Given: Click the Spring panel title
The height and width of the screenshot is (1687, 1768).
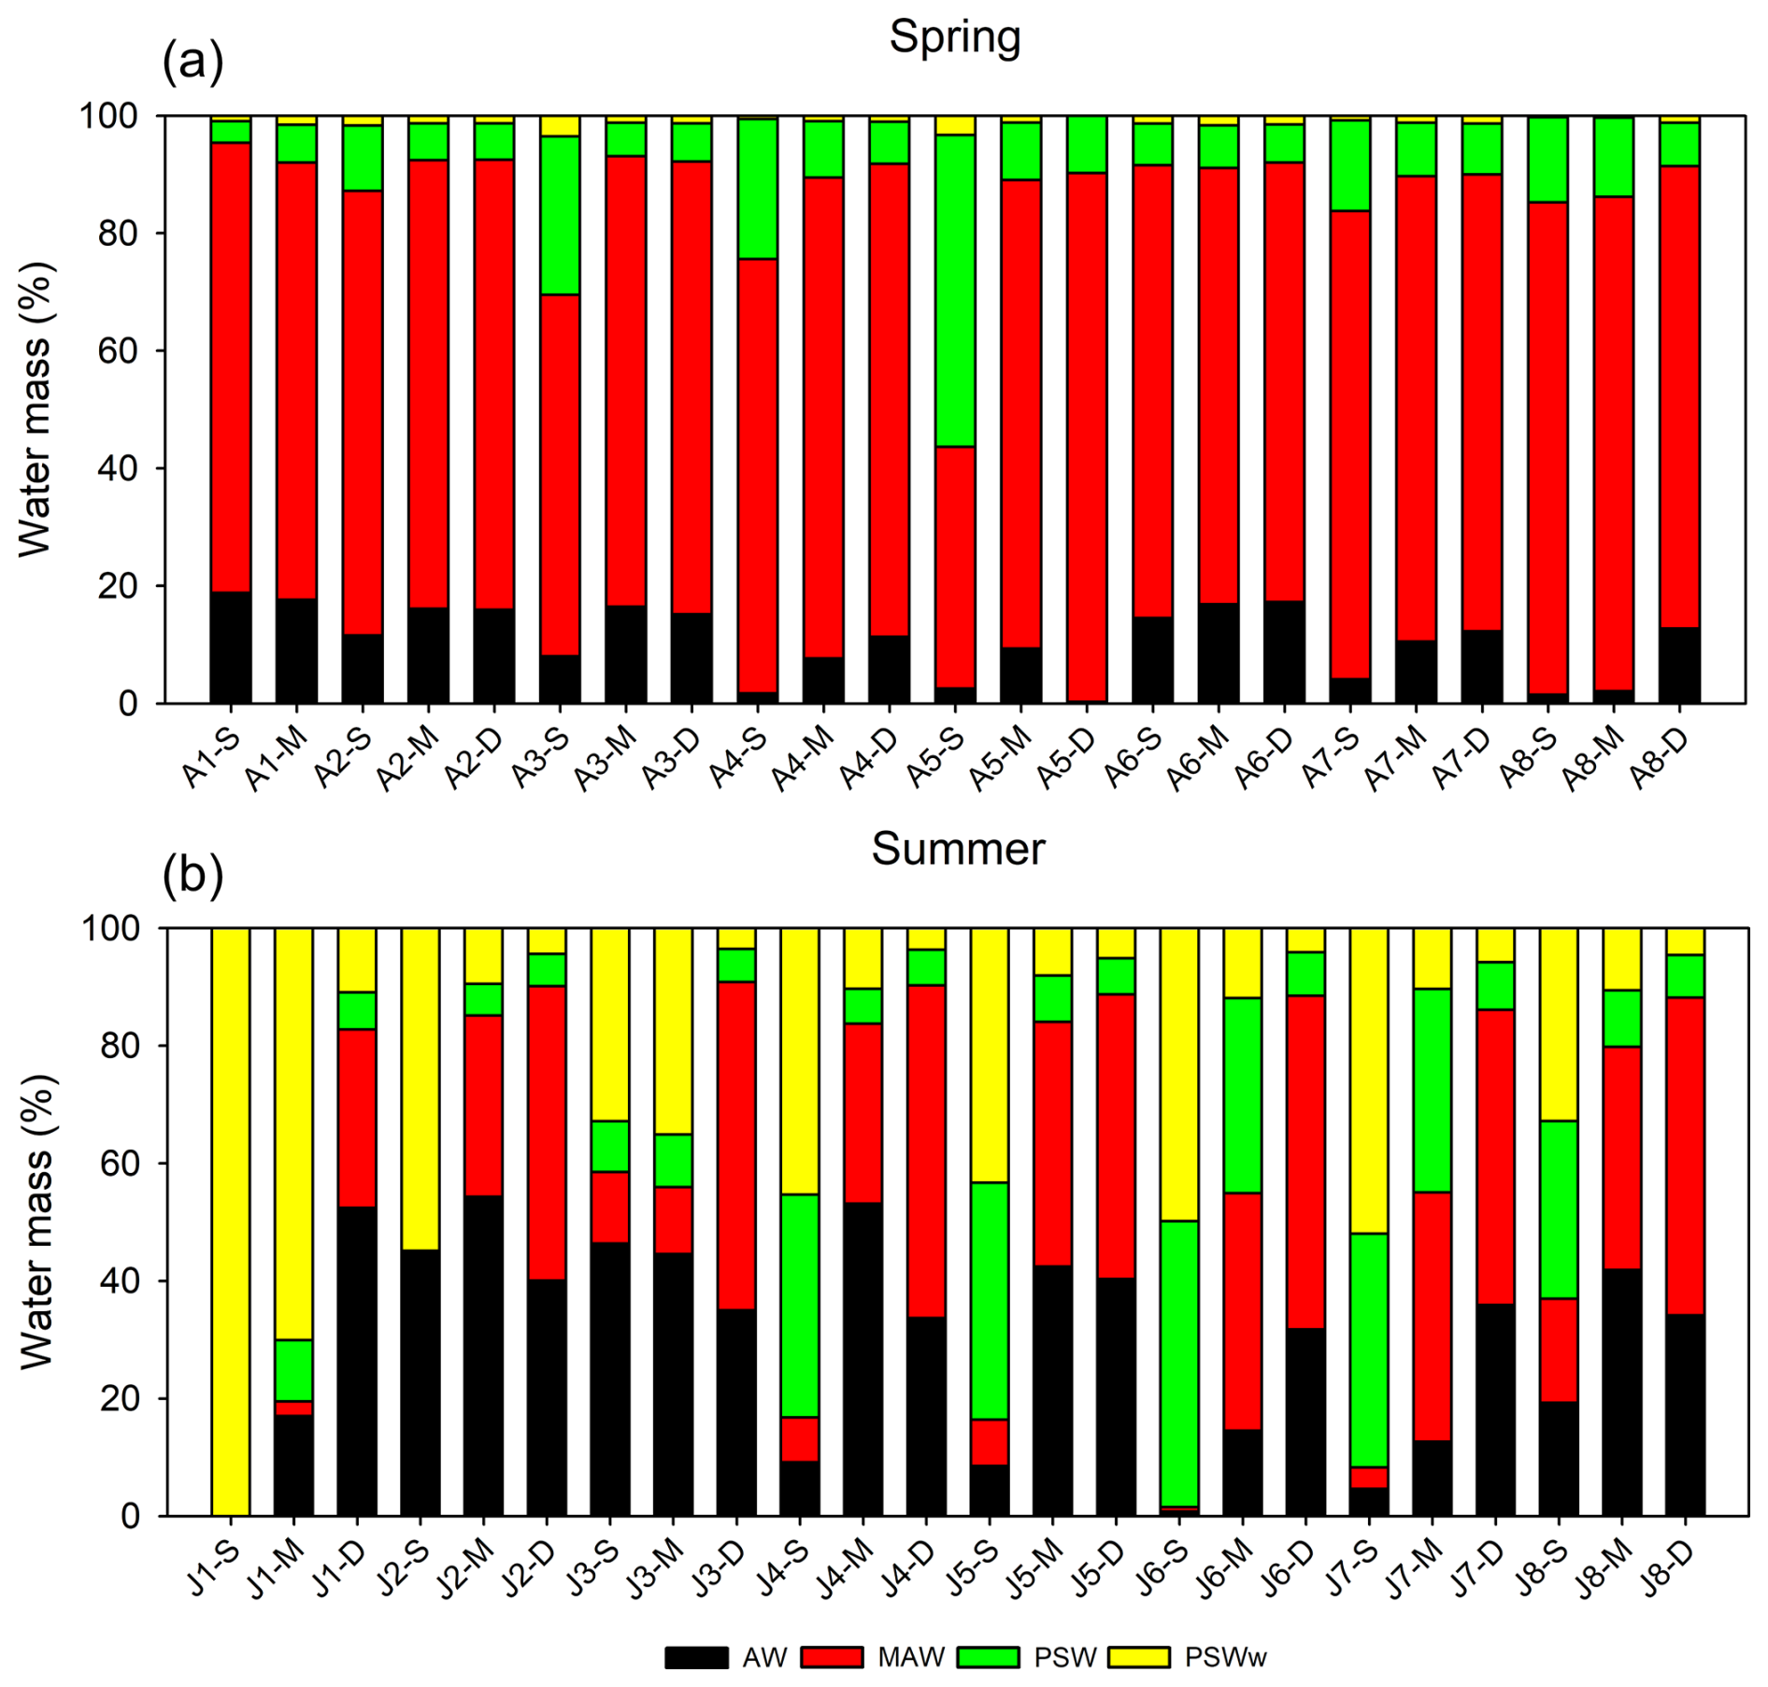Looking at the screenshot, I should click(x=954, y=37).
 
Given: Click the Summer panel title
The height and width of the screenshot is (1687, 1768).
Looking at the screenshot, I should click(x=958, y=850).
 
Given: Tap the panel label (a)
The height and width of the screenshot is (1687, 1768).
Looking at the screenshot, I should click(x=192, y=63).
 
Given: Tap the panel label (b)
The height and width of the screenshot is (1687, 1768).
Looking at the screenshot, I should click(x=192, y=876).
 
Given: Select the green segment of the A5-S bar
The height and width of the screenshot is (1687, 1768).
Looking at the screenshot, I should click(x=955, y=291).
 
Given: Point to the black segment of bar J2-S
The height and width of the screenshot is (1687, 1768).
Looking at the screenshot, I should click(x=421, y=1382).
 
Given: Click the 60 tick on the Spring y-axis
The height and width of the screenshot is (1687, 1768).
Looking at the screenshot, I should click(x=117, y=350).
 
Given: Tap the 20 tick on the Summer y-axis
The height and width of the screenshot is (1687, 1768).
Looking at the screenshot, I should click(x=117, y=1398).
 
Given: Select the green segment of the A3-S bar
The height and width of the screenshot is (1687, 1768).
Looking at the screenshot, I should click(x=560, y=215).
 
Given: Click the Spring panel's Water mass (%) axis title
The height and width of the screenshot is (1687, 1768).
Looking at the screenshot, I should click(x=37, y=409).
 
